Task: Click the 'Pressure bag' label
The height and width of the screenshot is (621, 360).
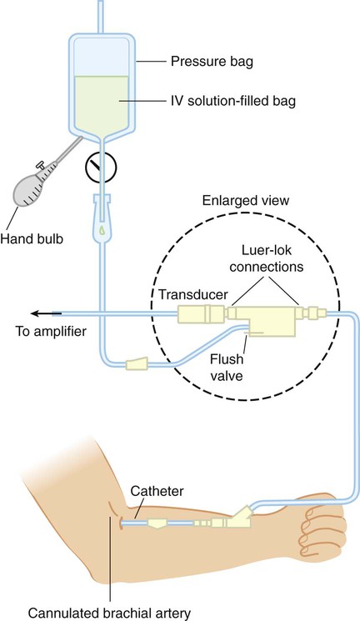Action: point(212,62)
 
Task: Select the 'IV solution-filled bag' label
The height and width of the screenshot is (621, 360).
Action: point(233,101)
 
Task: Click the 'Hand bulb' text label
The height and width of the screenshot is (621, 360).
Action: point(32,239)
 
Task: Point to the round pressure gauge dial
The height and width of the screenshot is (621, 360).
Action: point(101,168)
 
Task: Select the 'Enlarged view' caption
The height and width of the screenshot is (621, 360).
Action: point(246,200)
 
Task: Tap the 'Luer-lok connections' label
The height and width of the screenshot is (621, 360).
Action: point(267,258)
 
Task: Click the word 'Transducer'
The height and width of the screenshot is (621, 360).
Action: point(193,294)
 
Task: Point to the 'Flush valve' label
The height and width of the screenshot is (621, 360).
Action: point(227,367)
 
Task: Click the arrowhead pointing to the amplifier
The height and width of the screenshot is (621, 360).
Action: point(36,313)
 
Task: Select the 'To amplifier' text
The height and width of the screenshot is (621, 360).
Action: point(51,331)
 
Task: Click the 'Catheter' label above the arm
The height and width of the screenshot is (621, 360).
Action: point(157,491)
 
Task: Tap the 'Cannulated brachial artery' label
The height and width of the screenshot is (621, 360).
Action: point(109,613)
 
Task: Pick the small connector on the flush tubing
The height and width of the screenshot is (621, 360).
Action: point(137,363)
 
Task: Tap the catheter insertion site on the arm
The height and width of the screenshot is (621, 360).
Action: point(120,523)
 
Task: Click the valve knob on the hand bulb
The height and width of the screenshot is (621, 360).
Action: point(40,164)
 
